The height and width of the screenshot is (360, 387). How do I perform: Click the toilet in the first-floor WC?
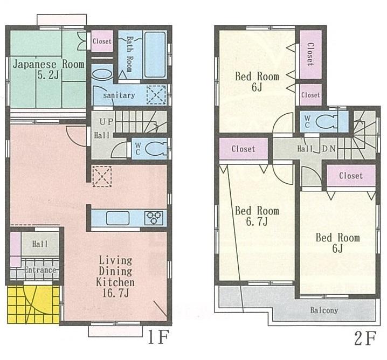click(x=155, y=149)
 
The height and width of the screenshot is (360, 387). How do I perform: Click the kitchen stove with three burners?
click(x=154, y=218)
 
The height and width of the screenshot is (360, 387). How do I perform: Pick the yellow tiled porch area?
click(x=33, y=304)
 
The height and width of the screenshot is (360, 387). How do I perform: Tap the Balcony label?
click(x=324, y=310)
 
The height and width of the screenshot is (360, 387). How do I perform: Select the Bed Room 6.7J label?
click(x=257, y=216)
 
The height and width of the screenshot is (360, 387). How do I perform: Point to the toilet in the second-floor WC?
click(x=328, y=122)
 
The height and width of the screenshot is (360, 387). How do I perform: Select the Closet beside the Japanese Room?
click(x=101, y=41)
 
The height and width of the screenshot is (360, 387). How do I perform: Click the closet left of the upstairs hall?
click(x=243, y=149)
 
